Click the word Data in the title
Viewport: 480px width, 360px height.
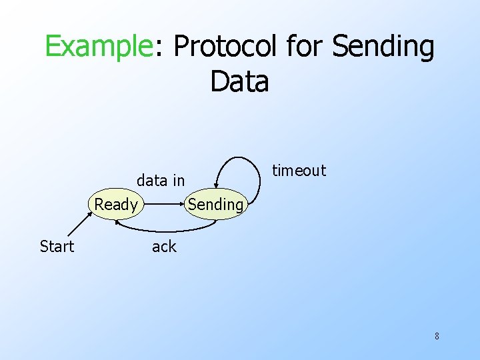pyautogui.click(x=239, y=82)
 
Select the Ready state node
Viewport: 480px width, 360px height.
pyautogui.click(x=116, y=205)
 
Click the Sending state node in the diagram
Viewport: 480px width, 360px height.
pyautogui.click(x=215, y=205)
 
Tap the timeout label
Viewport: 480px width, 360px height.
pyautogui.click(x=299, y=171)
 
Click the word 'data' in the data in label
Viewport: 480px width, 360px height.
pyautogui.click(x=151, y=180)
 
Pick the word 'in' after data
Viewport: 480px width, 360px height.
pyautogui.click(x=179, y=180)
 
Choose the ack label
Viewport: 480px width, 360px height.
pyautogui.click(x=164, y=247)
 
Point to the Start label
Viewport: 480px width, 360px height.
pyautogui.click(x=57, y=247)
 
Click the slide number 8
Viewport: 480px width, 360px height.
pyautogui.click(x=437, y=336)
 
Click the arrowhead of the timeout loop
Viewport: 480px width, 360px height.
pyautogui.click(x=217, y=185)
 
